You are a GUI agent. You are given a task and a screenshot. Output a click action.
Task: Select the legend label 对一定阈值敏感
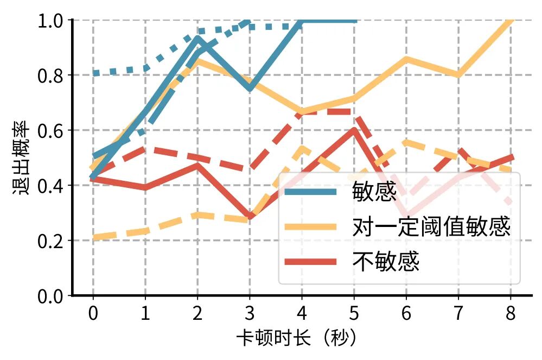tap(431, 227)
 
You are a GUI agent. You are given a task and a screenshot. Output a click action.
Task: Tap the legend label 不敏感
tap(386, 262)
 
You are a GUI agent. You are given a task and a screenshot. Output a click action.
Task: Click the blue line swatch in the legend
tap(311, 192)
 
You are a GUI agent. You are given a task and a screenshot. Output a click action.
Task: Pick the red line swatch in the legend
tap(311, 262)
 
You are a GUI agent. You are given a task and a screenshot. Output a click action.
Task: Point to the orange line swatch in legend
tap(311, 227)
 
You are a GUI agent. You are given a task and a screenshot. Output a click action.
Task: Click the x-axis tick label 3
tap(250, 314)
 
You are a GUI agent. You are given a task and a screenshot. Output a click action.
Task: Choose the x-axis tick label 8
tap(511, 314)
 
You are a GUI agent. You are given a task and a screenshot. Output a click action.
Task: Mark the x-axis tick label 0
tap(93, 314)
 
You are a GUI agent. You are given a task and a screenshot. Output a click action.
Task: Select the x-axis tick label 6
tap(406, 314)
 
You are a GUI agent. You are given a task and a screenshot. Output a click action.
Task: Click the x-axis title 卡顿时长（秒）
tap(297, 339)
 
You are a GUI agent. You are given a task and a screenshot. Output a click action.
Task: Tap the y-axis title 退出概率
tap(21, 157)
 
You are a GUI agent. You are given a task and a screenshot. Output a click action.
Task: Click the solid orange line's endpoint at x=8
tap(511, 21)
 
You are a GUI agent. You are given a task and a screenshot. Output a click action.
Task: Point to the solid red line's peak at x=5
tap(354, 130)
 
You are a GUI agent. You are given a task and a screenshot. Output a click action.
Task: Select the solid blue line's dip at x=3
tap(250, 89)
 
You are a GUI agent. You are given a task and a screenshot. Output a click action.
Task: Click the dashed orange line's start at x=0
tap(93, 237)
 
